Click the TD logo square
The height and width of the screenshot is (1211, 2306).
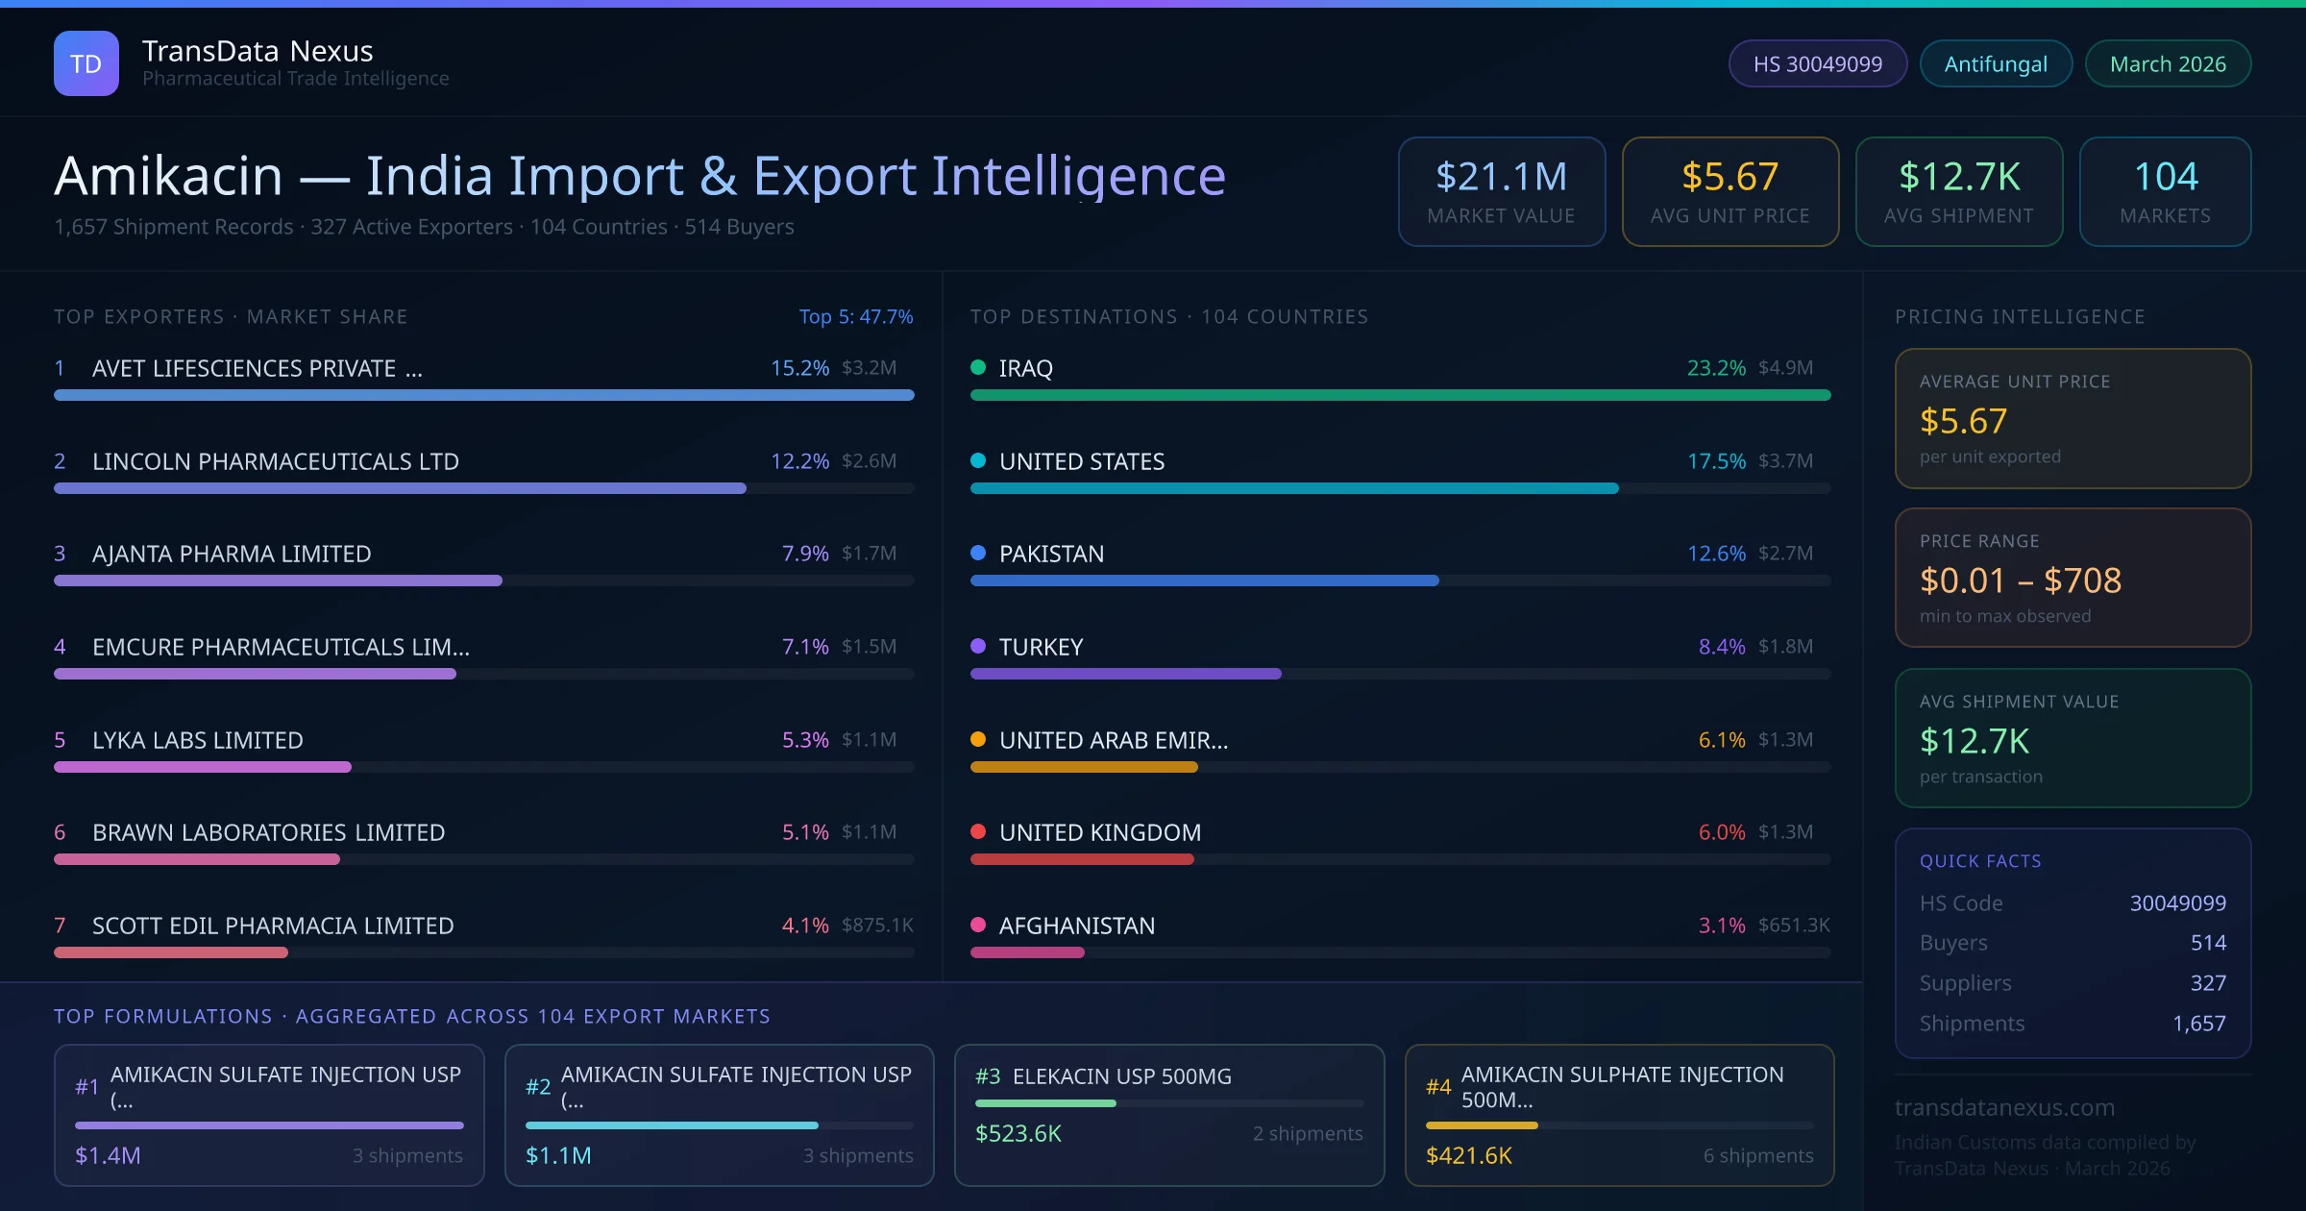(86, 63)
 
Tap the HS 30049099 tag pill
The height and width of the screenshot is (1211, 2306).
(1817, 63)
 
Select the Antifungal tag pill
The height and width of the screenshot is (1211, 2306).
(1995, 63)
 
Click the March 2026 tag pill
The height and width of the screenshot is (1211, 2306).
(2167, 63)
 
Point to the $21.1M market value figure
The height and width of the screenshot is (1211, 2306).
(1501, 177)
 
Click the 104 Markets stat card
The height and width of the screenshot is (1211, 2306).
(2165, 191)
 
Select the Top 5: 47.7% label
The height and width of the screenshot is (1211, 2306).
(855, 316)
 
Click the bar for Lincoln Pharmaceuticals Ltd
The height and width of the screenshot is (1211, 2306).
(400, 488)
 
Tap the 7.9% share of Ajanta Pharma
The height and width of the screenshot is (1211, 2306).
(804, 554)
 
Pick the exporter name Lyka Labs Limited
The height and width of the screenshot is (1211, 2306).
(197, 740)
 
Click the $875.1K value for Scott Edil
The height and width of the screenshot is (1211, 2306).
(876, 925)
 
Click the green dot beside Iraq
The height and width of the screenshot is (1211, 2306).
(978, 367)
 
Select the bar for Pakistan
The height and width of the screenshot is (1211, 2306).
(1204, 581)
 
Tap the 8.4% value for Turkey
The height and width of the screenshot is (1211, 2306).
(1721, 647)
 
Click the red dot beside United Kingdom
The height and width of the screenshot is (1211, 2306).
(978, 831)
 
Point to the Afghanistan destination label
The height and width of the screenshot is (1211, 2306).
(1076, 926)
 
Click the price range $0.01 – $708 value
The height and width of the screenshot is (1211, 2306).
(2020, 581)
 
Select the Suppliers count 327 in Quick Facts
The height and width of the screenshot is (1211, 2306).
(2207, 982)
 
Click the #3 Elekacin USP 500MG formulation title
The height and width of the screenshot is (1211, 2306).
(1121, 1076)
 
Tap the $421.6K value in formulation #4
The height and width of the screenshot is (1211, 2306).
(1468, 1155)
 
